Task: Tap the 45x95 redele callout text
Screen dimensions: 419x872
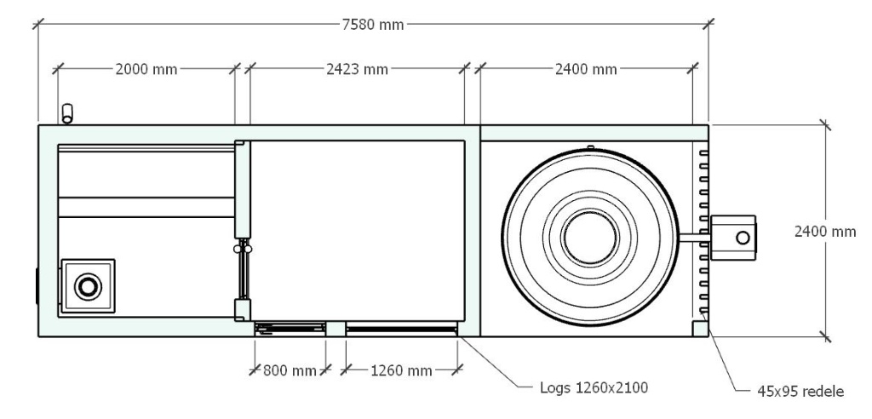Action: (x=800, y=392)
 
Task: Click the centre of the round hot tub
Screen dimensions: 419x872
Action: (x=589, y=237)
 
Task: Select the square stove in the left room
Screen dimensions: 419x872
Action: (x=87, y=286)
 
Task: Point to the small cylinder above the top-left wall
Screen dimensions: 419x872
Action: (x=68, y=113)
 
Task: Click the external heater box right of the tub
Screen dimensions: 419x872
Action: (x=732, y=237)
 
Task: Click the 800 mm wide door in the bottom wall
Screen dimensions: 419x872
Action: (x=290, y=327)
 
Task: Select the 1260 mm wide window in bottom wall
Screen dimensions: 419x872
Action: (x=401, y=327)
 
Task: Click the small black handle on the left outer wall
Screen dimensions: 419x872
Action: (x=37, y=285)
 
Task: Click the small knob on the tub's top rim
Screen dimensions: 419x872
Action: (x=589, y=147)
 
